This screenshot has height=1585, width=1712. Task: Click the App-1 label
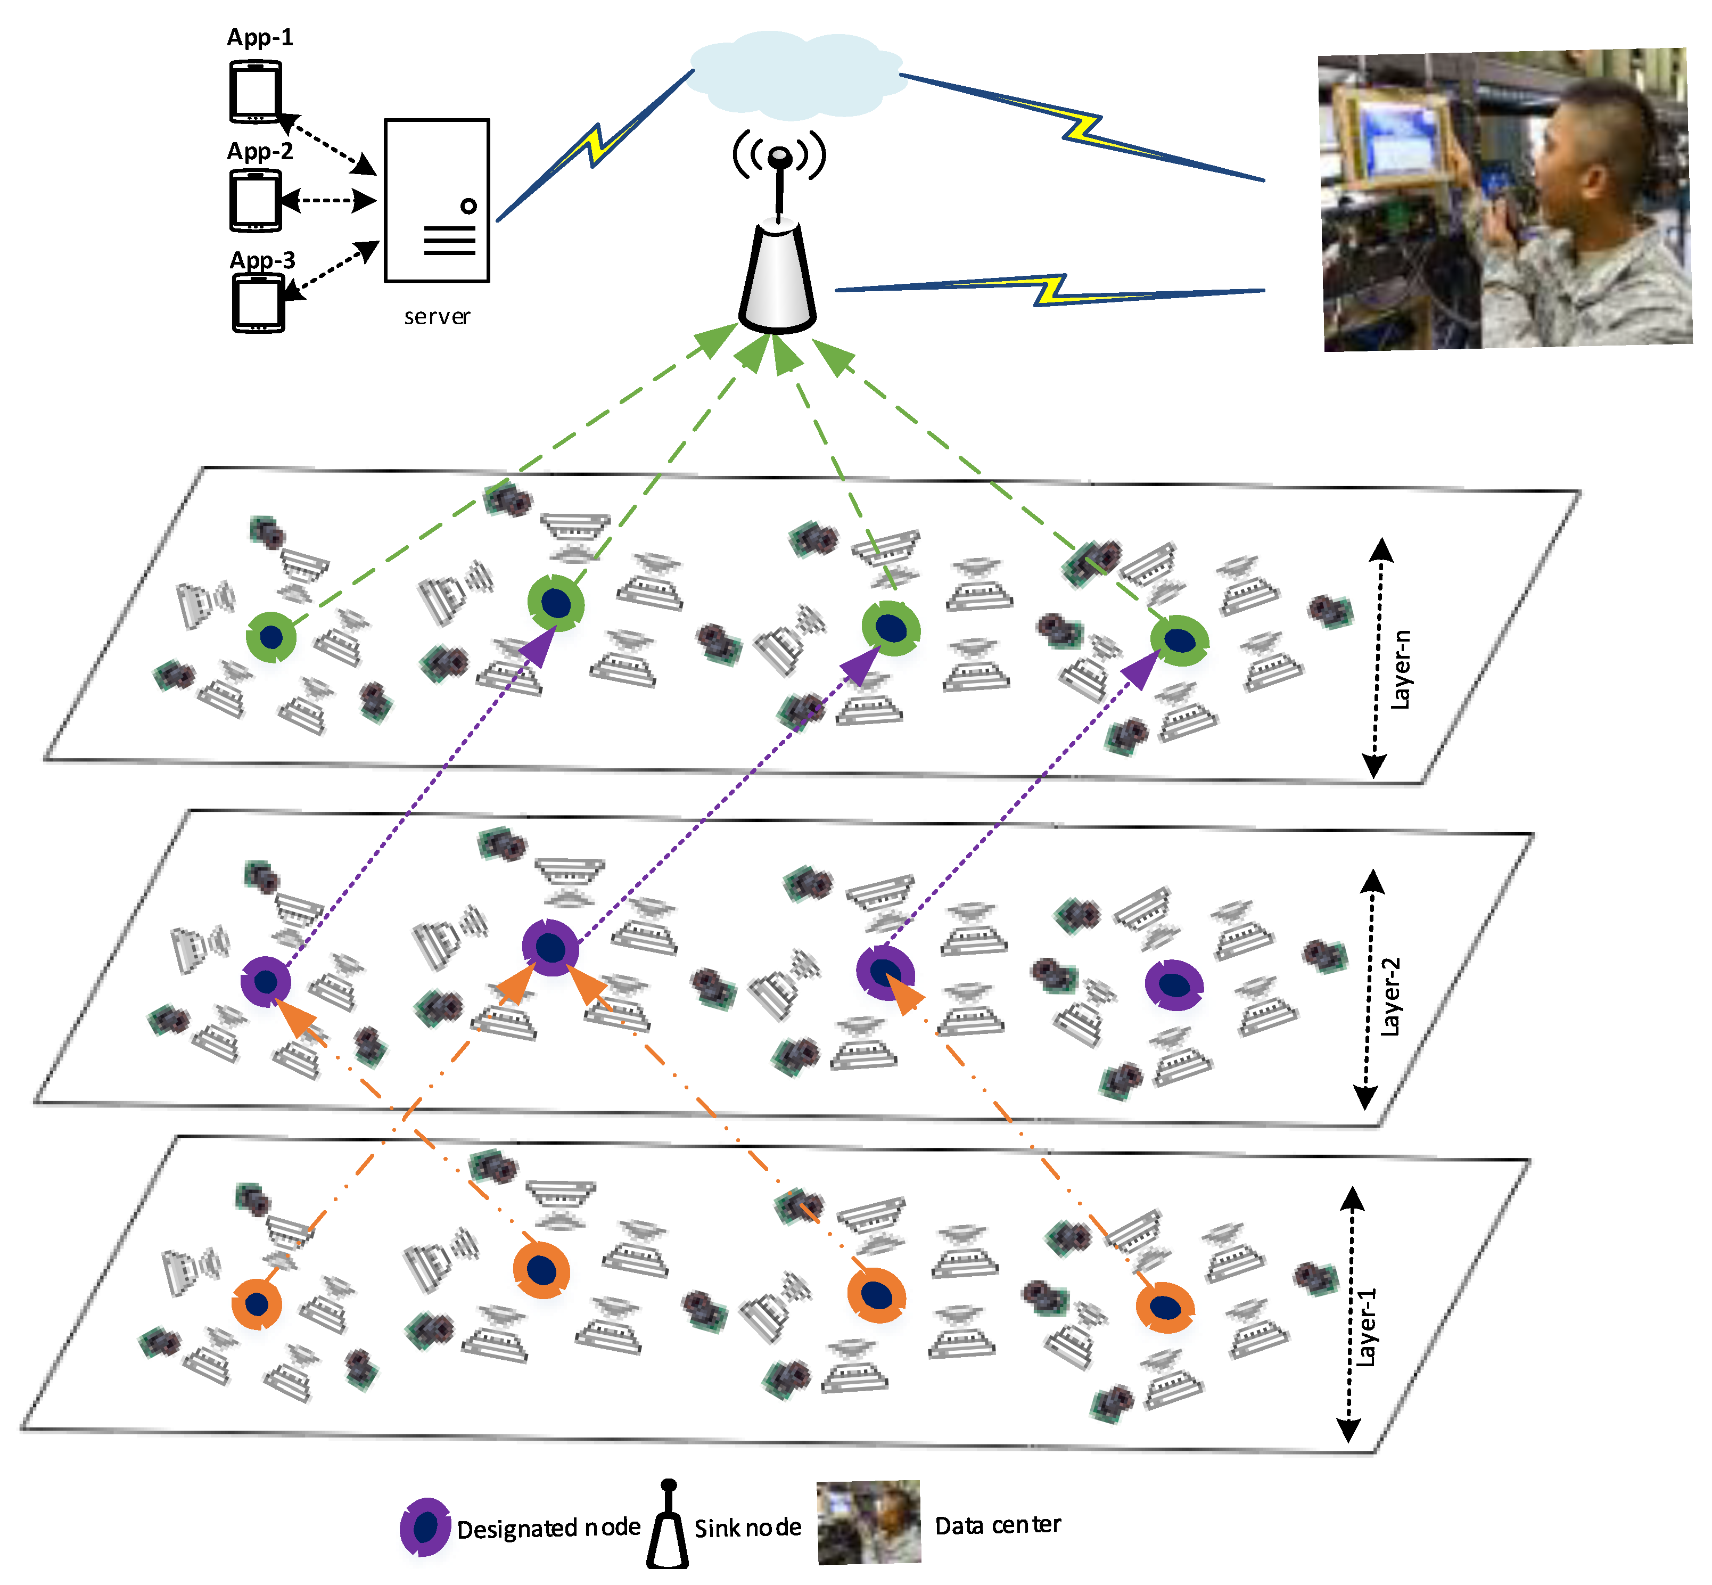pyautogui.click(x=260, y=38)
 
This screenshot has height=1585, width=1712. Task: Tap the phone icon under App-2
pyautogui.click(x=256, y=201)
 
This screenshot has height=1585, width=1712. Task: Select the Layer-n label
pyautogui.click(x=1400, y=669)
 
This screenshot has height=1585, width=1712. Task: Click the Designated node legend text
pyautogui.click(x=548, y=1527)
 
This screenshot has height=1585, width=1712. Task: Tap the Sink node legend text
pyautogui.click(x=747, y=1527)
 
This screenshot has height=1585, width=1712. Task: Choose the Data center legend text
pyautogui.click(x=998, y=1525)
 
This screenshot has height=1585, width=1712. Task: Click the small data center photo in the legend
pyautogui.click(x=868, y=1522)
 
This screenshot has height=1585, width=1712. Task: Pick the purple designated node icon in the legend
pyautogui.click(x=425, y=1526)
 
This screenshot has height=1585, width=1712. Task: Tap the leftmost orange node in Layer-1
pyautogui.click(x=257, y=1304)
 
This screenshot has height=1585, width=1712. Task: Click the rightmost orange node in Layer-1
pyautogui.click(x=1165, y=1307)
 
